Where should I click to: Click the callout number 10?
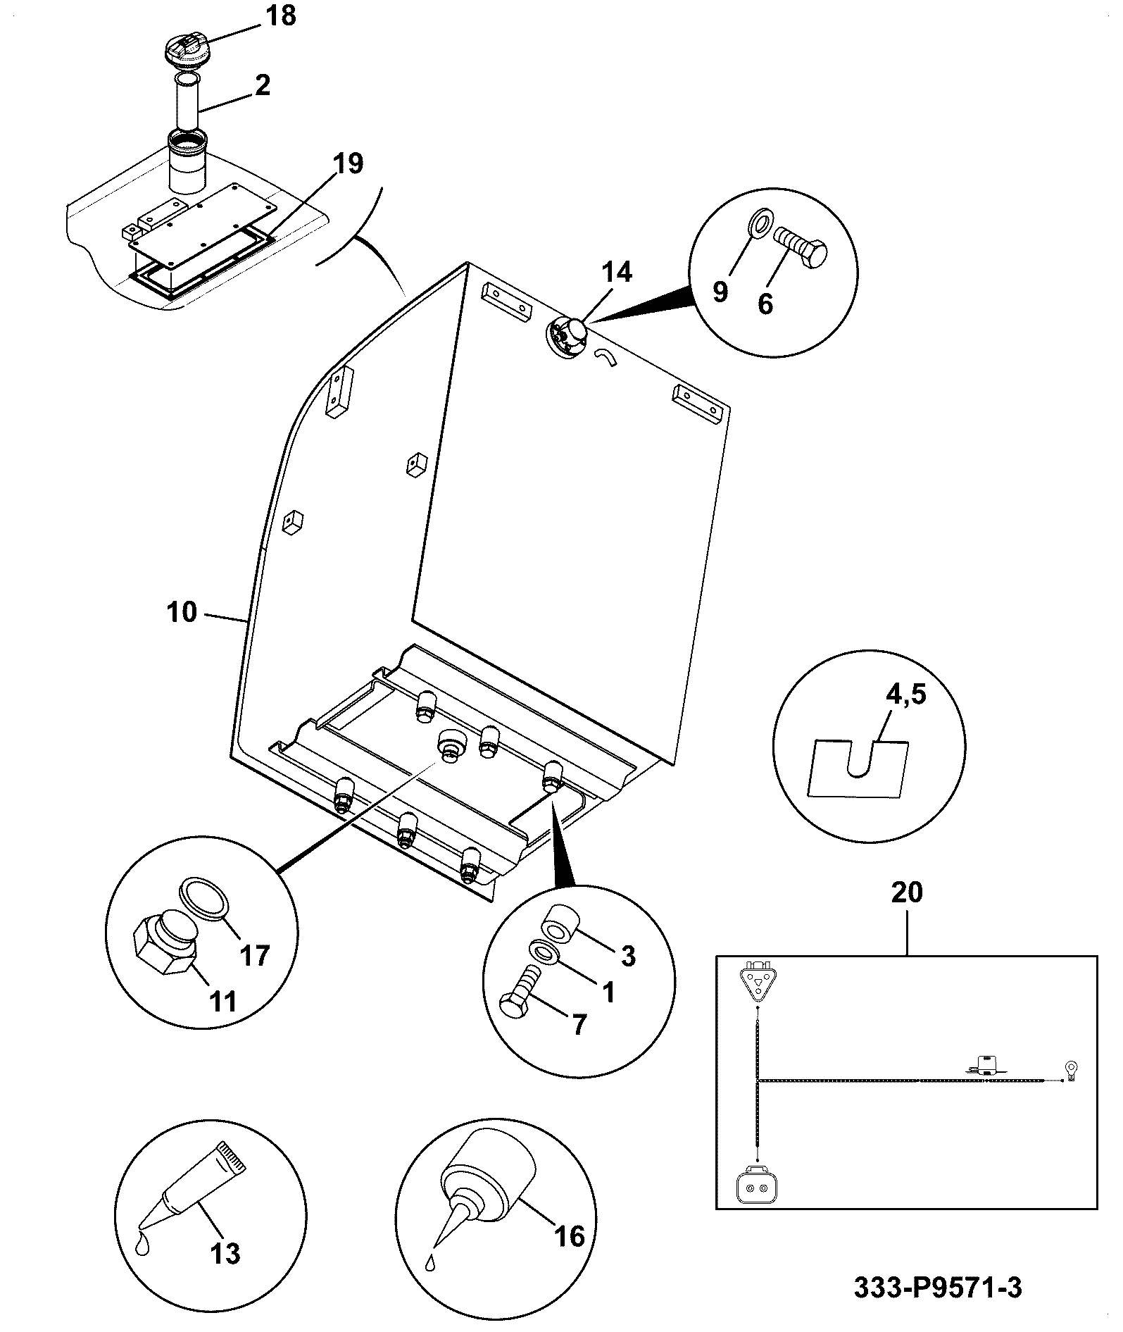[x=182, y=611]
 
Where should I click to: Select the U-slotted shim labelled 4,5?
[x=860, y=769]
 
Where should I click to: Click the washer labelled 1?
[x=544, y=954]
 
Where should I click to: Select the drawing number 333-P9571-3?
[x=938, y=1288]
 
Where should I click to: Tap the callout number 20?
[x=906, y=892]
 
